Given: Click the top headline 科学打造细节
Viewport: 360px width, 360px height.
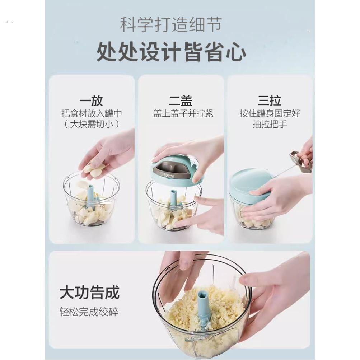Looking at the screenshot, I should point(170,25).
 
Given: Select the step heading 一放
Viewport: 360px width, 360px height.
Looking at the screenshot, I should point(92,100).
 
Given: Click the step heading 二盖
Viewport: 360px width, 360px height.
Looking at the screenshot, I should point(181,100).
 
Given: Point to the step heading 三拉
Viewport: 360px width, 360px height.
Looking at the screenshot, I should point(269,100).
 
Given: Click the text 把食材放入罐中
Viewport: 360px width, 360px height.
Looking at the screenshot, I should point(92,113).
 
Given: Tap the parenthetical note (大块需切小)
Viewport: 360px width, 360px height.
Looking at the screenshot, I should point(92,124).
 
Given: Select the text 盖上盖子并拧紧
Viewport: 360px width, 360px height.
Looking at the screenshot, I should point(183,113).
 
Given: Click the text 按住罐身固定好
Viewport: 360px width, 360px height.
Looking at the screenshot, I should point(270,113).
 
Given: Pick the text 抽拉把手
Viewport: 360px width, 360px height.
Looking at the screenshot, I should point(270,124).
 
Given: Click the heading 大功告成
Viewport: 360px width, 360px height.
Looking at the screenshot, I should point(89,293).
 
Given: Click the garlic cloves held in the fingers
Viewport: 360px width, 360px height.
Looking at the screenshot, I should point(94,170).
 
